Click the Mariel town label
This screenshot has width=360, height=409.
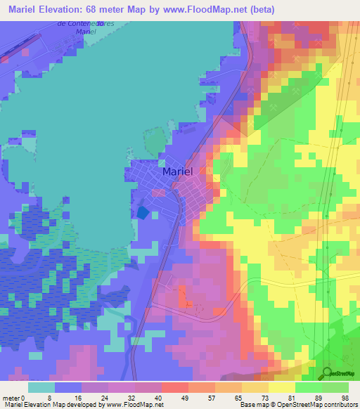point(177,171)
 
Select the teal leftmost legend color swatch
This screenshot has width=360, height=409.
point(41,387)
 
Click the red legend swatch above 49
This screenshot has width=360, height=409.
point(174,387)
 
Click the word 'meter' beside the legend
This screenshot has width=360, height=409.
point(12,398)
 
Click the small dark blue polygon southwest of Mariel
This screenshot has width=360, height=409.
point(143,212)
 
